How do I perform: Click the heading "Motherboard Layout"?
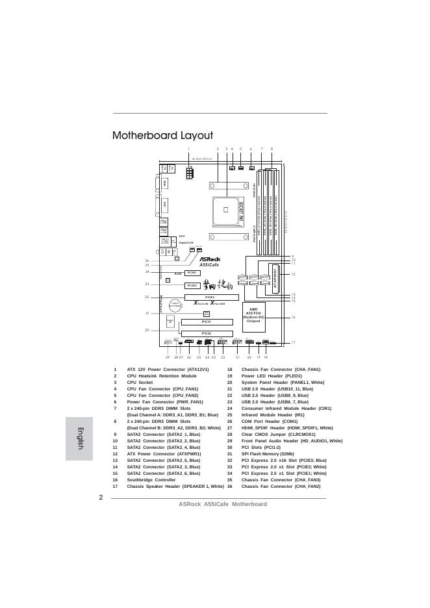pyautogui.click(x=162, y=136)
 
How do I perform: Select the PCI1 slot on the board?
pyautogui.click(x=206, y=322)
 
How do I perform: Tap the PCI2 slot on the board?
pyautogui.click(x=206, y=333)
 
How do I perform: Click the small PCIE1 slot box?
pyautogui.click(x=191, y=273)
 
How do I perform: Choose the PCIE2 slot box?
pyautogui.click(x=191, y=285)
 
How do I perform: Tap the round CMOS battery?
pyautogui.click(x=175, y=304)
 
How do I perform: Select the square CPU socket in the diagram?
pyautogui.click(x=225, y=209)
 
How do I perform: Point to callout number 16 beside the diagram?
pyautogui.click(x=294, y=317)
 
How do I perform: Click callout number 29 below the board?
pyautogui.click(x=168, y=357)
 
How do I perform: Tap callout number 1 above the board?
pyautogui.click(x=188, y=149)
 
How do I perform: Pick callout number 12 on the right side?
pyautogui.click(x=294, y=274)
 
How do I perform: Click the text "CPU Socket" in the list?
pyautogui.click(x=140, y=383)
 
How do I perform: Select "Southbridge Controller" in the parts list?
pyautogui.click(x=151, y=479)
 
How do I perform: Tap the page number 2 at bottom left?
pyautogui.click(x=101, y=498)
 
